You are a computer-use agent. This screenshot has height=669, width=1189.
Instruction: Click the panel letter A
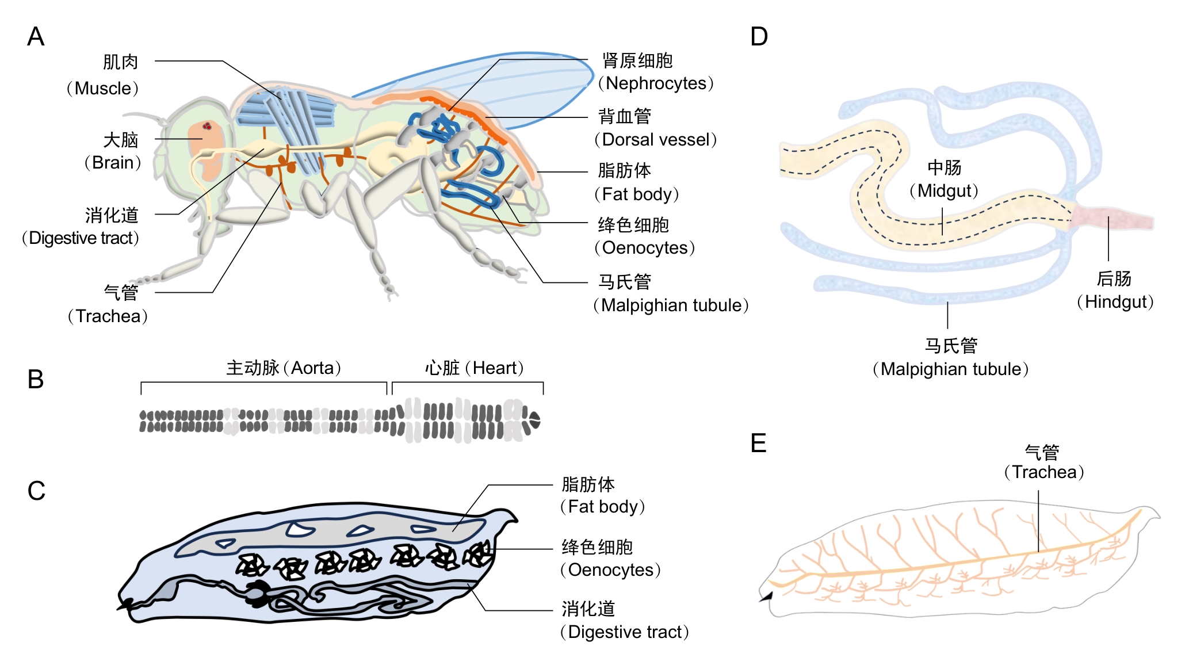tap(36, 37)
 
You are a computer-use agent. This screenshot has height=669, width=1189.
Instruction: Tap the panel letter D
tap(759, 37)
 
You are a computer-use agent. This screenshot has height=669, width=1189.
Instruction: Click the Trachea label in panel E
tap(1044, 472)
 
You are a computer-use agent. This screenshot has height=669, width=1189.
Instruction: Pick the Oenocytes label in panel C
tap(611, 570)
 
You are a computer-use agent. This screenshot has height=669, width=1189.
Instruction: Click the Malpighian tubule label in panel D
tap(954, 369)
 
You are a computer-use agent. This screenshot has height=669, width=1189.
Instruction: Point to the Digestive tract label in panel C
tap(628, 632)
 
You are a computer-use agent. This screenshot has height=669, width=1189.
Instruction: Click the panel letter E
tap(759, 444)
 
